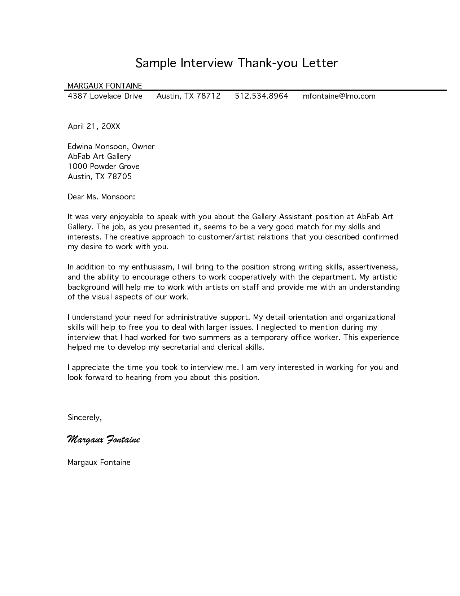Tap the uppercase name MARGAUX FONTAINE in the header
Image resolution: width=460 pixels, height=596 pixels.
[x=105, y=86]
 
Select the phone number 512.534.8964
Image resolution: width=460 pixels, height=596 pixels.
[x=262, y=96]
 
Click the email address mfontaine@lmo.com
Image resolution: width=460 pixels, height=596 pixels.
[x=339, y=96]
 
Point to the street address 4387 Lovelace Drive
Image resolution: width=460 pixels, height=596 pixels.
[x=105, y=96]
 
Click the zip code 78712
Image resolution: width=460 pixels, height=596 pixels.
[x=209, y=96]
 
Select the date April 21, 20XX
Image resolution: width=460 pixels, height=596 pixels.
[x=94, y=126]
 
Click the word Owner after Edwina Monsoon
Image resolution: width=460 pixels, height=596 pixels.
[x=143, y=147]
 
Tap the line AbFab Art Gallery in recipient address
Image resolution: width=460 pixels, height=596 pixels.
[x=99, y=156]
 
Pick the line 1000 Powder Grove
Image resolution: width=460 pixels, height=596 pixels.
[x=104, y=167]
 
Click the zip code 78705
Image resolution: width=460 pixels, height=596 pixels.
[x=120, y=177]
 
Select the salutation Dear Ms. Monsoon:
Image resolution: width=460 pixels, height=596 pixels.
[x=101, y=197]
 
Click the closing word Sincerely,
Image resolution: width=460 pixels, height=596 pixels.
[x=85, y=418]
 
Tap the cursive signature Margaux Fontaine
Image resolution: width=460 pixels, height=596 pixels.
[x=104, y=440]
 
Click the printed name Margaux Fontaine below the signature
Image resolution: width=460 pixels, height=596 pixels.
[x=99, y=462]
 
